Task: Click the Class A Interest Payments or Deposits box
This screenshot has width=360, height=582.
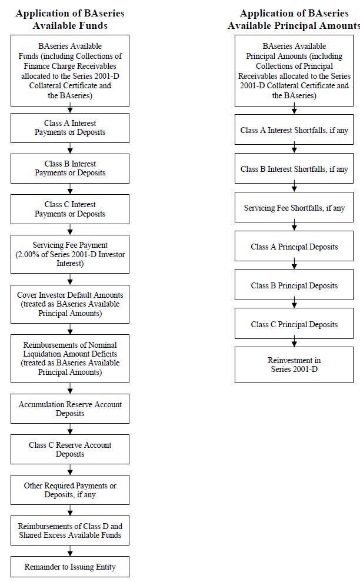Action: (x=70, y=128)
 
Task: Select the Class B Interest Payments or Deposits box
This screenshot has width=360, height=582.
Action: (x=70, y=168)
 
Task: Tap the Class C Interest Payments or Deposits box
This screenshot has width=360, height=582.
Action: (x=70, y=209)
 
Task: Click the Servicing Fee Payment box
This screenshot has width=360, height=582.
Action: (x=70, y=254)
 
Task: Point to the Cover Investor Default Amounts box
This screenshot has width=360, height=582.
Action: (x=70, y=304)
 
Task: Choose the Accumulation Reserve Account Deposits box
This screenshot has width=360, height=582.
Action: (x=70, y=408)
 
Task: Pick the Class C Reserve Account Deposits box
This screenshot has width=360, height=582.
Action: (x=70, y=449)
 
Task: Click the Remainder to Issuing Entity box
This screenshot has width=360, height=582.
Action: (x=70, y=567)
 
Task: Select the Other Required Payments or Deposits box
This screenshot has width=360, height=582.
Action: (x=70, y=490)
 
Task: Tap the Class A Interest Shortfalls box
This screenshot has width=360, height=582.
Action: (x=294, y=129)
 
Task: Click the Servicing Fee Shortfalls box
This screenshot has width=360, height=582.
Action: (x=294, y=207)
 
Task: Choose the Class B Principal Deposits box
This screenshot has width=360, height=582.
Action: (x=294, y=285)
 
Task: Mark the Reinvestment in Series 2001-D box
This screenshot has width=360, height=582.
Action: (x=294, y=365)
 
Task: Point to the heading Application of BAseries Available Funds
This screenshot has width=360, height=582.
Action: (x=70, y=19)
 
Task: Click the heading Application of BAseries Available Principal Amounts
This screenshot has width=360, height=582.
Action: (x=294, y=19)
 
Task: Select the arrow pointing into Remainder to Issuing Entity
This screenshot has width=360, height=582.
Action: (x=70, y=551)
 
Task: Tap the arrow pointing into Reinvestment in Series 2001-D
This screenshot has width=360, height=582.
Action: (x=294, y=341)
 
